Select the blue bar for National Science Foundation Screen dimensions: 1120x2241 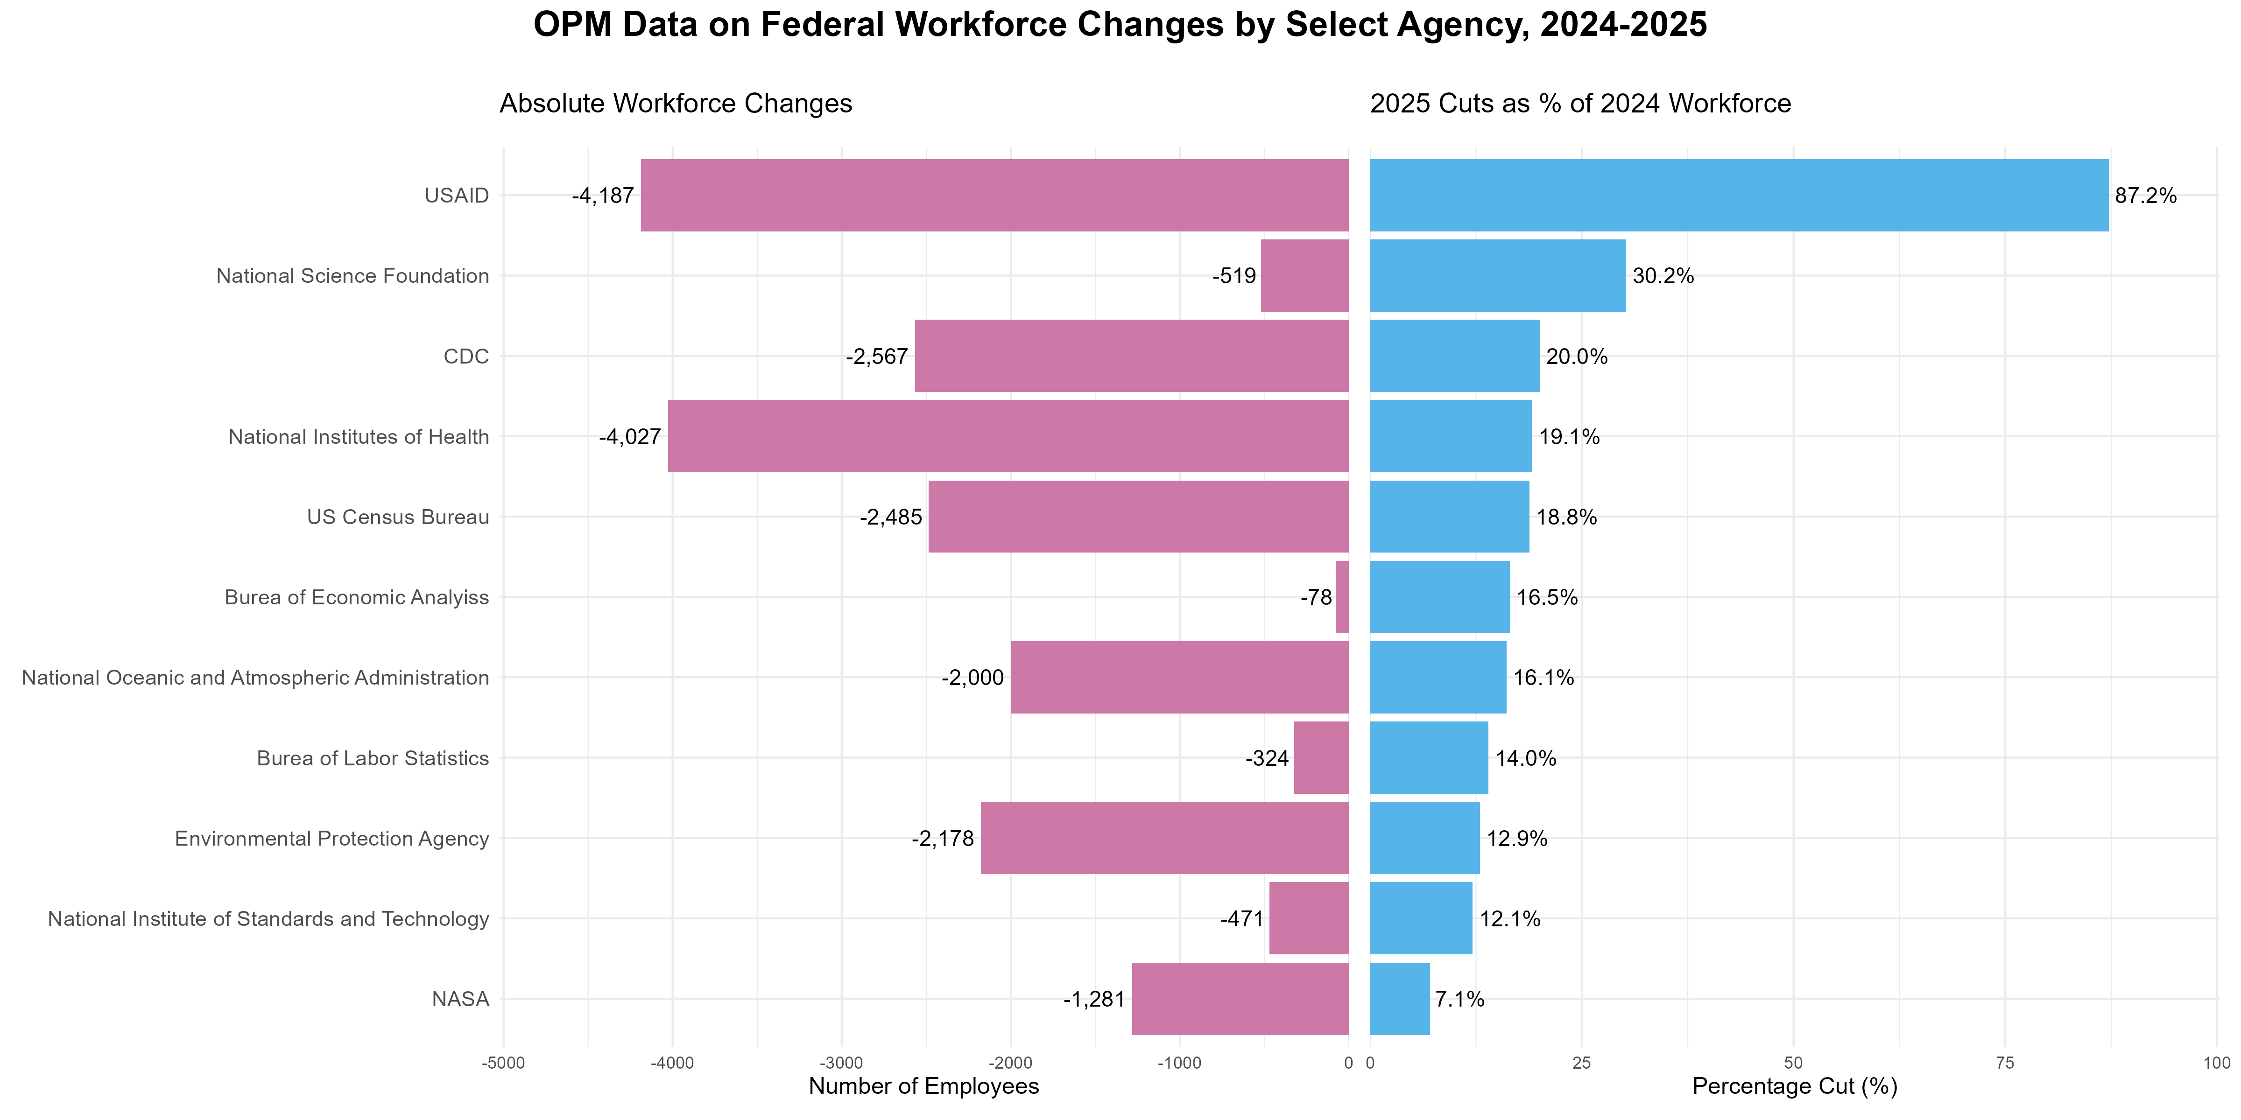click(x=1497, y=276)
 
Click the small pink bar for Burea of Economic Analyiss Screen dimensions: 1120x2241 click(x=1341, y=597)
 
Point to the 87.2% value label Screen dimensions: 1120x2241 click(x=2145, y=196)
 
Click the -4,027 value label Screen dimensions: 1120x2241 click(x=630, y=436)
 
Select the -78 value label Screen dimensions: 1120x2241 click(x=1316, y=597)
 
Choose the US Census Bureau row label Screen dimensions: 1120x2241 click(x=398, y=518)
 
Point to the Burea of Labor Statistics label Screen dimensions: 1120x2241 click(x=373, y=758)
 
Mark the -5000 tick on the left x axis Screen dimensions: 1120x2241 click(x=503, y=1063)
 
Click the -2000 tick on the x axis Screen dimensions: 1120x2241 click(x=1010, y=1063)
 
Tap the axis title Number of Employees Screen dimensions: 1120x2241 click(x=924, y=1086)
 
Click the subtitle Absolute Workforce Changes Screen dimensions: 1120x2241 click(x=675, y=104)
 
